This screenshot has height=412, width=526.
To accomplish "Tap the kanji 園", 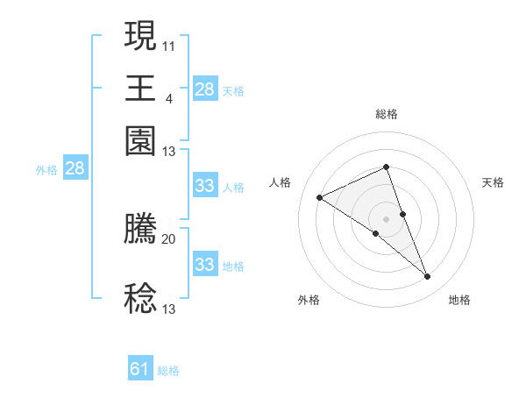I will [x=140, y=140].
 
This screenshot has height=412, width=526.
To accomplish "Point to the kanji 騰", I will [x=140, y=230].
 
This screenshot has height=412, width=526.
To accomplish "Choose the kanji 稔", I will [x=140, y=298].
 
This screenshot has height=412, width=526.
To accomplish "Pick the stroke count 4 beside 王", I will [x=168, y=98].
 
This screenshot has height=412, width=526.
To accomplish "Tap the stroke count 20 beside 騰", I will [x=169, y=238].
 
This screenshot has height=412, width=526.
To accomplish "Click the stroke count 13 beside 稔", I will [x=169, y=309].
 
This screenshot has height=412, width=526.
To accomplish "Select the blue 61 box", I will [x=140, y=369].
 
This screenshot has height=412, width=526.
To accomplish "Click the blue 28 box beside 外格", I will [x=75, y=169].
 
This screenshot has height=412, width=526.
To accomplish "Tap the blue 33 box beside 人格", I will [x=204, y=186].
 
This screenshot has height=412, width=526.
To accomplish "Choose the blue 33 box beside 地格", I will [x=204, y=265].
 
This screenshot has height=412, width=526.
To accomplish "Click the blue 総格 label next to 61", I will [x=168, y=371].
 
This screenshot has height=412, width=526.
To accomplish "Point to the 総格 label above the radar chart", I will [x=386, y=114].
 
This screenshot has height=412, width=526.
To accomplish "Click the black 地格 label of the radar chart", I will [x=459, y=301].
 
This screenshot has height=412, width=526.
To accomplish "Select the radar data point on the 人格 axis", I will [x=320, y=198].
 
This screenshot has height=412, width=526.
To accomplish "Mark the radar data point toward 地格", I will [x=428, y=277].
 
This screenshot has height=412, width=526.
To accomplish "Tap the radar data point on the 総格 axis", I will [x=386, y=167].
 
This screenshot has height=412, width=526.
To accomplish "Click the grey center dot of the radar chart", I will [x=386, y=218].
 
